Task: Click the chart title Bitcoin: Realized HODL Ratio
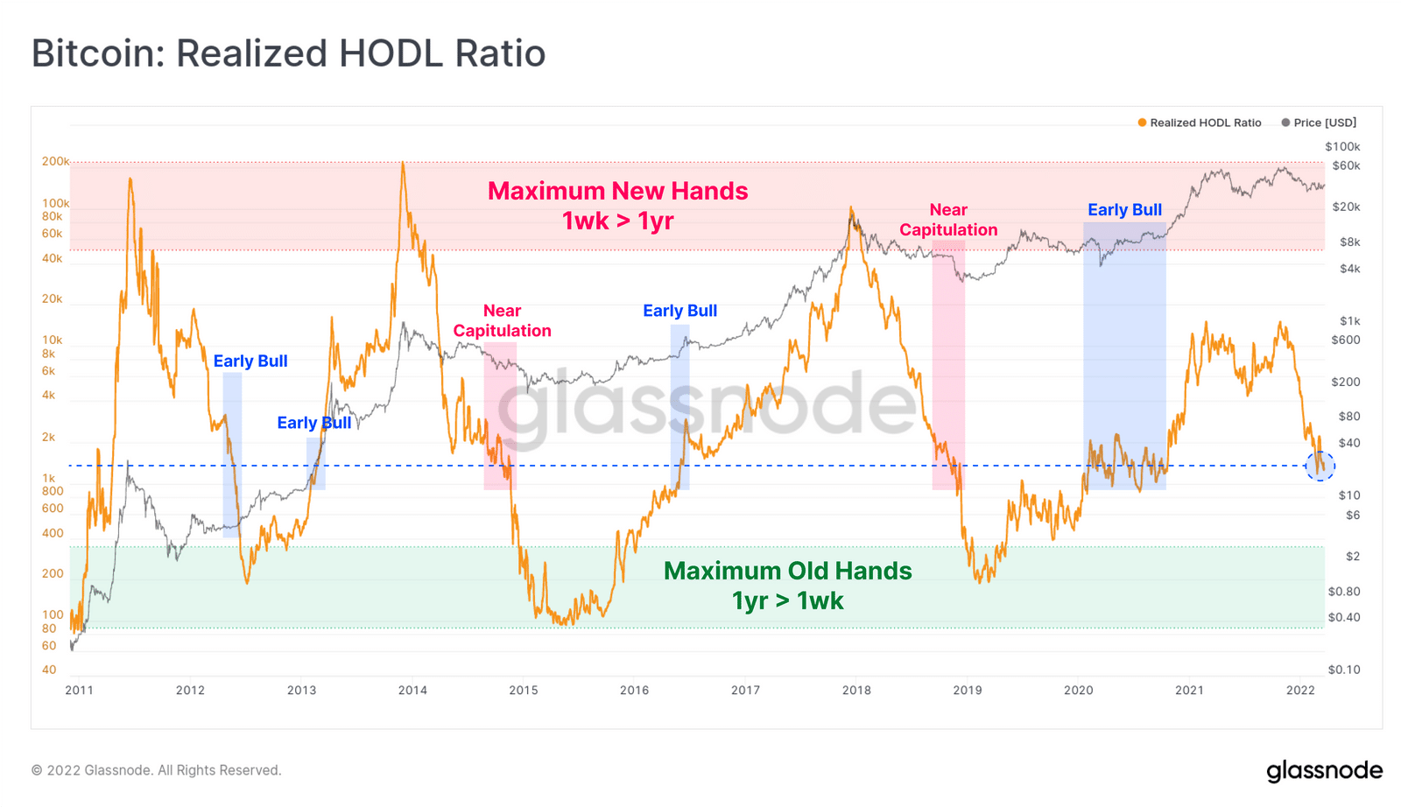pyautogui.click(x=288, y=53)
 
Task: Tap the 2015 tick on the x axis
pyautogui.click(x=524, y=690)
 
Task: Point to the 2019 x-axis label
pyautogui.click(x=968, y=690)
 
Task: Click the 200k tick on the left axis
pyautogui.click(x=55, y=161)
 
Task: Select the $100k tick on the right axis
pyautogui.click(x=1342, y=146)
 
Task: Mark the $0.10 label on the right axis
pyautogui.click(x=1344, y=670)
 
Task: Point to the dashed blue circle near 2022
pyautogui.click(x=1320, y=466)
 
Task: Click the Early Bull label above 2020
pyautogui.click(x=1124, y=210)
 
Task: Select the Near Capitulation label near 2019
pyautogui.click(x=948, y=220)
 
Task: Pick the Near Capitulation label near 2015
pyautogui.click(x=502, y=320)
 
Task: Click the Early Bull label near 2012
pyautogui.click(x=250, y=361)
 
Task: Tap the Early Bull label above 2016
pyautogui.click(x=679, y=311)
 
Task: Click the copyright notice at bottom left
pyautogui.click(x=156, y=770)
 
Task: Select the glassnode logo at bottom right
pyautogui.click(x=1324, y=770)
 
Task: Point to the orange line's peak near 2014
pyautogui.click(x=403, y=163)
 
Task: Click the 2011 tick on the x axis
pyautogui.click(x=80, y=690)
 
